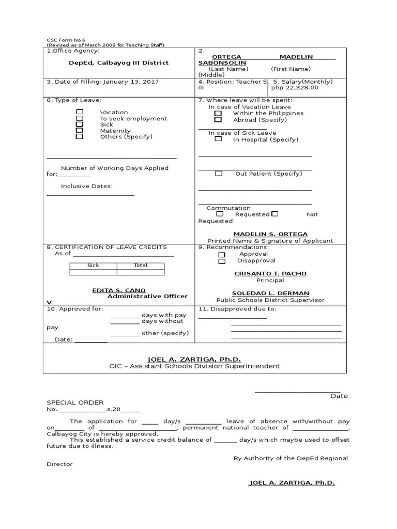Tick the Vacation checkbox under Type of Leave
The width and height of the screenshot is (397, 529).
(80, 112)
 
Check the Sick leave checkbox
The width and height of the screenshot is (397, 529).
(80, 125)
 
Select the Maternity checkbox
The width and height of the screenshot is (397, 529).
(80, 131)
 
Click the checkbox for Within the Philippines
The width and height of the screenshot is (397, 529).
(218, 113)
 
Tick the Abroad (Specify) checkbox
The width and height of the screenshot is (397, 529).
(218, 119)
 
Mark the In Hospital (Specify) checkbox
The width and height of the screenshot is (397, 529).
(218, 139)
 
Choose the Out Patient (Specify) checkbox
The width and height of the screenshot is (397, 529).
(219, 174)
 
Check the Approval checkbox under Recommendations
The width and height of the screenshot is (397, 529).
(222, 255)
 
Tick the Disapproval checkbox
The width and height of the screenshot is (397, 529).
(222, 261)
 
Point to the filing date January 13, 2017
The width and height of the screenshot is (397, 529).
(131, 82)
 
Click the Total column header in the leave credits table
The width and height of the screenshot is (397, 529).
(140, 266)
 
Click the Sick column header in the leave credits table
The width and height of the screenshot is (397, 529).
(93, 266)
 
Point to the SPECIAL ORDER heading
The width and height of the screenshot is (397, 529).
(75, 402)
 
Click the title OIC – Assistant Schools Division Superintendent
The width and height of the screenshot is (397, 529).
(194, 366)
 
